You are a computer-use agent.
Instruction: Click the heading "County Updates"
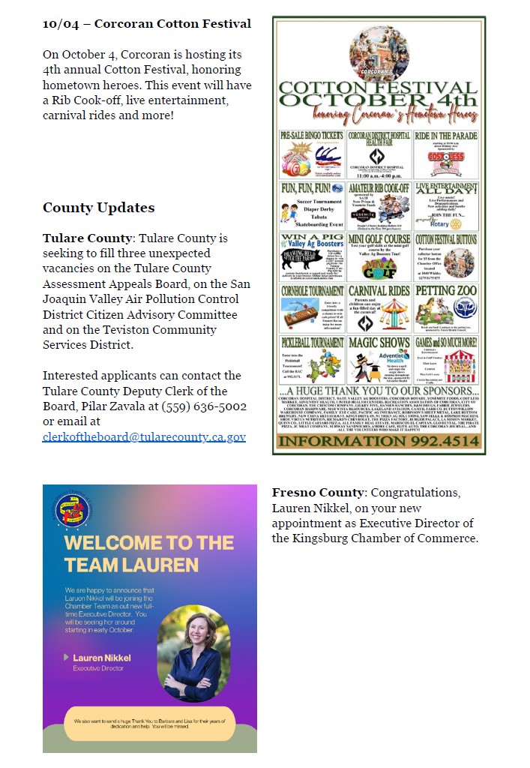[98, 208]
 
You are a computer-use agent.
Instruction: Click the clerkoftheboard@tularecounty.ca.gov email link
[144, 436]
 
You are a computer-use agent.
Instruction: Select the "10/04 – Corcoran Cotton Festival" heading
[146, 24]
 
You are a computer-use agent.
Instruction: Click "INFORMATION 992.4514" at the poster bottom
[379, 441]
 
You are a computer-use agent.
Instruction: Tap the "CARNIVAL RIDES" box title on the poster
[379, 290]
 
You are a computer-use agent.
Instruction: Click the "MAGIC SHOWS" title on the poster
[379, 342]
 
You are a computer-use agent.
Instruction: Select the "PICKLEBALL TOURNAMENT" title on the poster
[312, 342]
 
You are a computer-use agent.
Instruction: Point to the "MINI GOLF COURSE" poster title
[379, 238]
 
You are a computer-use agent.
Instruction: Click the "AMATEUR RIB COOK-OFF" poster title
[379, 187]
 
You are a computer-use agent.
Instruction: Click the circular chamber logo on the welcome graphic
[73, 509]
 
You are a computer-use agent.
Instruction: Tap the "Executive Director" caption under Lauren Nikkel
[98, 667]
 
